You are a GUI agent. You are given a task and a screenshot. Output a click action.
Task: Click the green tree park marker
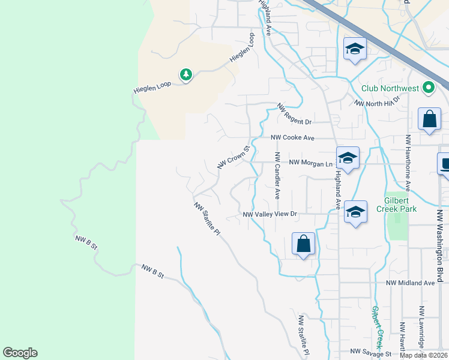(x=186, y=74)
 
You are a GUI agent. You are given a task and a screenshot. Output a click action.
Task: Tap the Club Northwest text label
(x=390, y=89)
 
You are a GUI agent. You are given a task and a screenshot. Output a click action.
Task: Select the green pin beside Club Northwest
(x=428, y=88)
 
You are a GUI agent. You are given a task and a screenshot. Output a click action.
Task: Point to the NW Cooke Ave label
(x=292, y=137)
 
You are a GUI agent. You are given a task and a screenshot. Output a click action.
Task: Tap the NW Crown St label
(x=234, y=157)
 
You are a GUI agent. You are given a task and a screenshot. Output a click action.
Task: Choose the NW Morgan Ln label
(x=310, y=163)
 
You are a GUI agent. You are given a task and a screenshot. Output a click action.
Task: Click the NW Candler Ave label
(x=277, y=175)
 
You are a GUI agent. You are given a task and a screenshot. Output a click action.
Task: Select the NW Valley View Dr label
(x=270, y=214)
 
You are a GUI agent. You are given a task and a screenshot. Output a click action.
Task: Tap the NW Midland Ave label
(x=410, y=283)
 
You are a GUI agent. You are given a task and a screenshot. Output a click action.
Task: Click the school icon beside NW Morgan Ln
(x=348, y=158)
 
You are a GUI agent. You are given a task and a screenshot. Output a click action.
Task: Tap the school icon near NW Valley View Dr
(x=355, y=212)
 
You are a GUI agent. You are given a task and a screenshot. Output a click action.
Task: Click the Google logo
(x=20, y=353)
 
